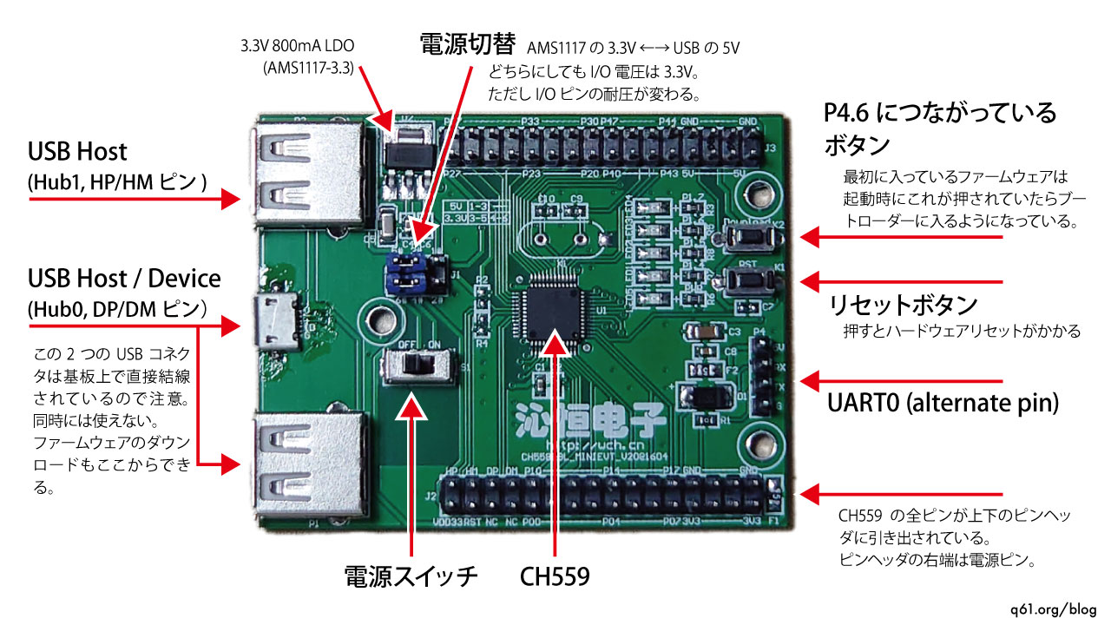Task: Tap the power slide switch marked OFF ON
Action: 420,365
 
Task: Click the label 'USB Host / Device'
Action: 124,280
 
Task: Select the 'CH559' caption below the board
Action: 555,576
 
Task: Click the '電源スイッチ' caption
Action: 411,576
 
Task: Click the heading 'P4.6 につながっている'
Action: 940,113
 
